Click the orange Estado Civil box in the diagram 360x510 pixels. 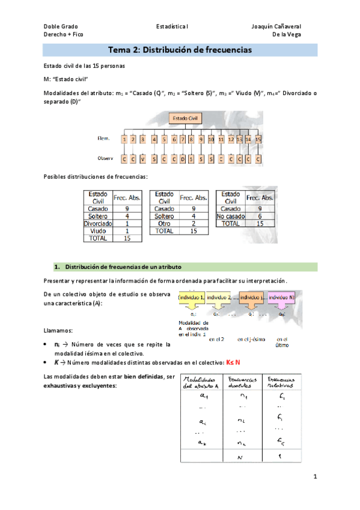(187, 119)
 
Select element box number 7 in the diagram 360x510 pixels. (173, 140)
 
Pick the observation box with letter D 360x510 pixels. (182, 160)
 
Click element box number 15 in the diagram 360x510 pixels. (258, 140)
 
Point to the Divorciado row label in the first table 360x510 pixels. (97, 223)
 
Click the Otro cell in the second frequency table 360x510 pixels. (164, 223)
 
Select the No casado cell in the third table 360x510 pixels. (231, 215)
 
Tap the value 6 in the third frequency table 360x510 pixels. (260, 215)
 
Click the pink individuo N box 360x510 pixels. (281, 297)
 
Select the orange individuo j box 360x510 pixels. (252, 297)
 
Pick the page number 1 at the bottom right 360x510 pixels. (314, 477)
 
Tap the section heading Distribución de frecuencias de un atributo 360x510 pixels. (123, 266)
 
